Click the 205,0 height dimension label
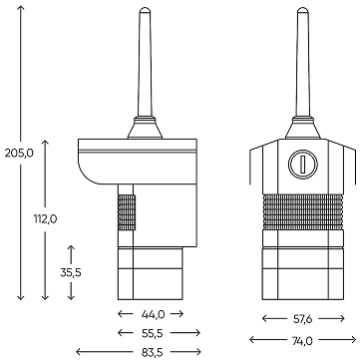click(19, 154)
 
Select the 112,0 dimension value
click(45, 219)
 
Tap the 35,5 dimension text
click(71, 272)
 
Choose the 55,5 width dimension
click(153, 333)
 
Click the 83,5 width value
click(153, 352)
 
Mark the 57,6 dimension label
click(302, 319)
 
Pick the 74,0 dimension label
click(302, 340)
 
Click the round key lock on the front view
click(303, 164)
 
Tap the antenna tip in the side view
click(145, 9)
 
